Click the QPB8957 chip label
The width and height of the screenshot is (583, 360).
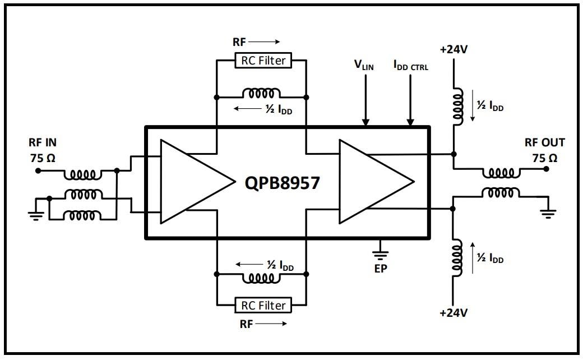point(282,182)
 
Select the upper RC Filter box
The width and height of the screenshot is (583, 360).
point(263,60)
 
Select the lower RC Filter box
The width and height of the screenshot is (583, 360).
point(263,305)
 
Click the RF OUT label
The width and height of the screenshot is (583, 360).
point(544,143)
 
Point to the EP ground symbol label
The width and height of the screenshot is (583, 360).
point(381,268)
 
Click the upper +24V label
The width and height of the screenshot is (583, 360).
point(454,49)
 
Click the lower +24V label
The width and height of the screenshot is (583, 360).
point(454,312)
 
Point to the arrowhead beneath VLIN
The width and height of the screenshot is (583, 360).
point(365,121)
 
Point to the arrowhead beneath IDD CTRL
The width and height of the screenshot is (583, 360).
point(410,121)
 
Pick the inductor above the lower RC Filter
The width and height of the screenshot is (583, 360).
point(261,277)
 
